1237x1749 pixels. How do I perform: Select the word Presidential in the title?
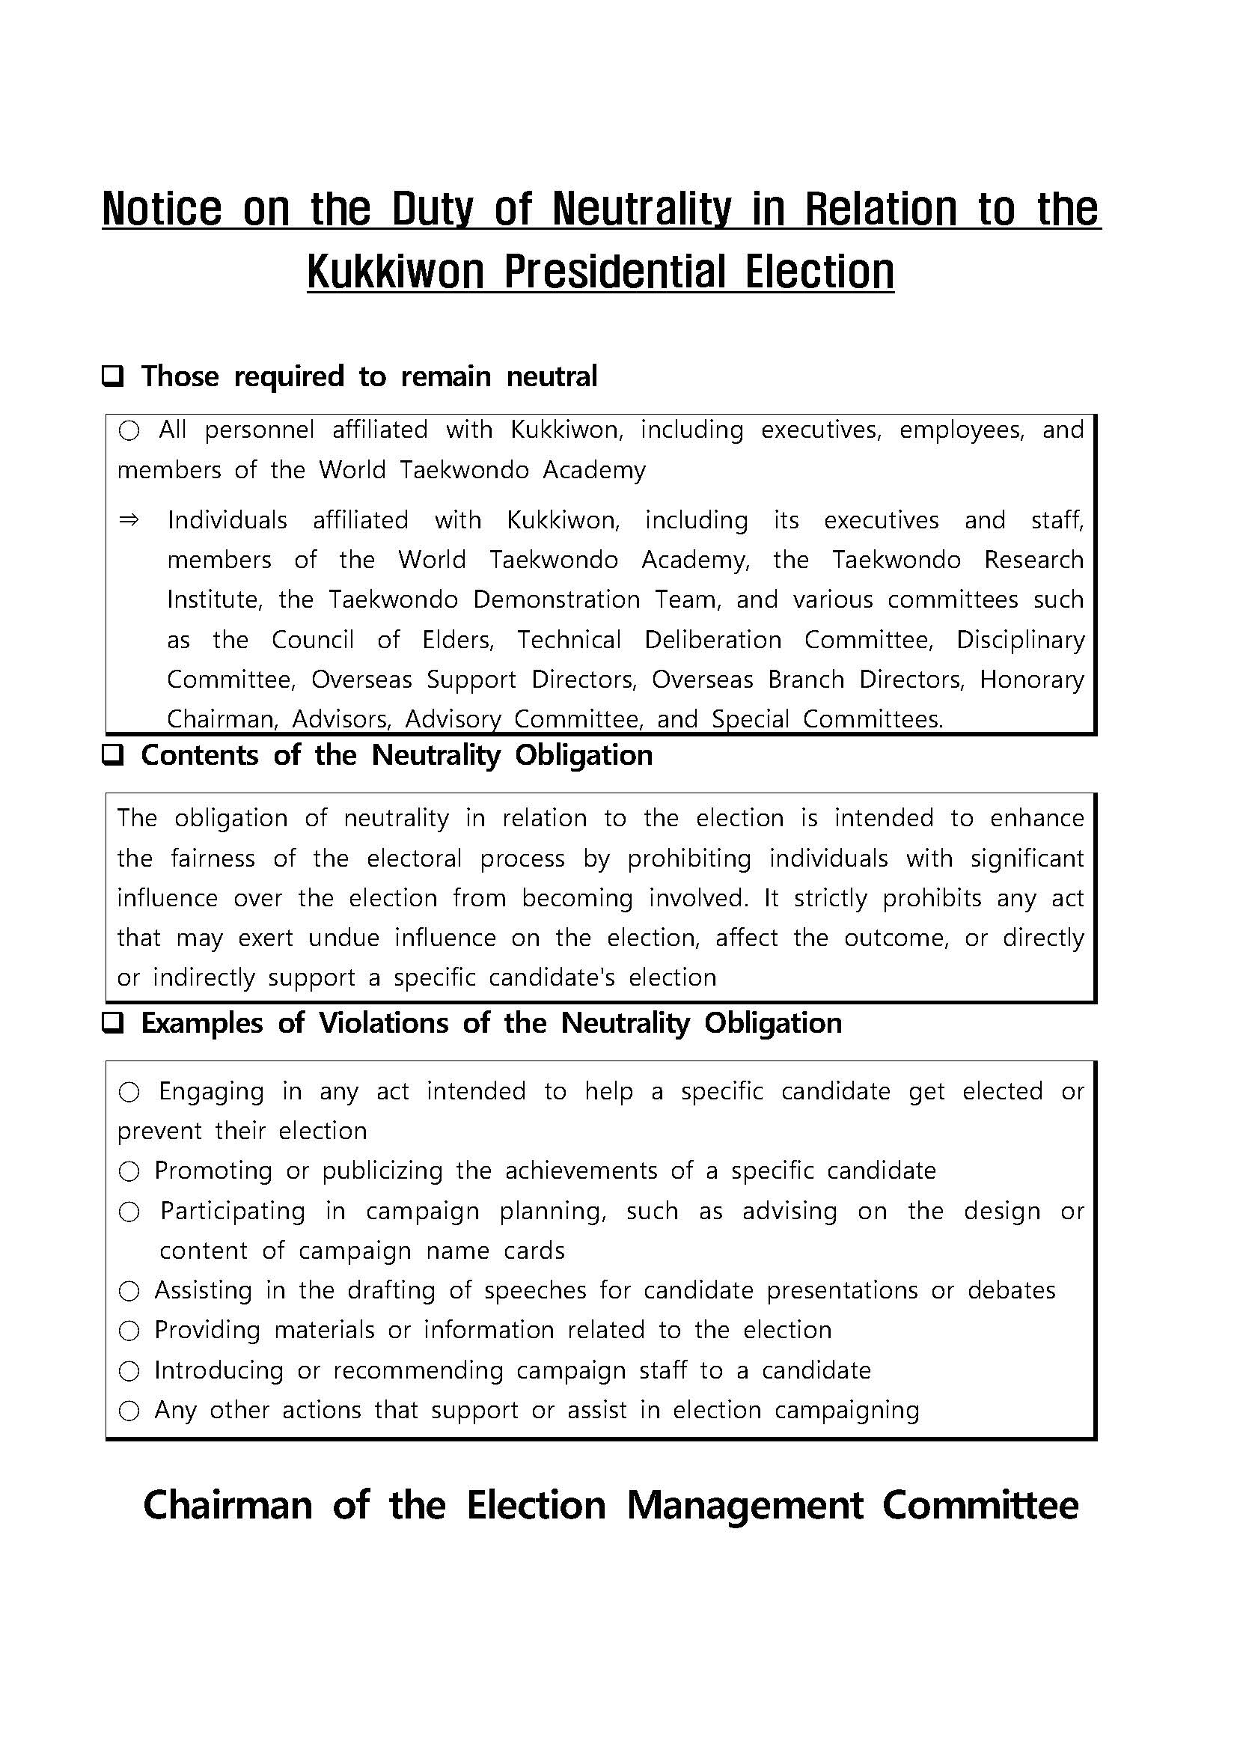point(614,272)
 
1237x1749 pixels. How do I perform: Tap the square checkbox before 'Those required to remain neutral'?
point(113,376)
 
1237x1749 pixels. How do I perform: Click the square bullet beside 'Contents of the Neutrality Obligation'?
point(113,756)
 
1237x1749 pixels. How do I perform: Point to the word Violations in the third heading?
point(383,1023)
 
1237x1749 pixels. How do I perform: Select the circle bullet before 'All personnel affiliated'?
point(129,431)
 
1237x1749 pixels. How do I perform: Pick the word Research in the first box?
point(1033,560)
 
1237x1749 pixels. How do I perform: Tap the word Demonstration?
point(556,599)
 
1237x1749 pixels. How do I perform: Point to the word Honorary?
point(1031,680)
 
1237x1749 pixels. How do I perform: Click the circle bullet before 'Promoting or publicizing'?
point(129,1171)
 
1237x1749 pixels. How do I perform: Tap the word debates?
point(1011,1290)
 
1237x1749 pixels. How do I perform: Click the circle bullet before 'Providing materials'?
point(129,1331)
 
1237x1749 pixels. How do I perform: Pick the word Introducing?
point(219,1370)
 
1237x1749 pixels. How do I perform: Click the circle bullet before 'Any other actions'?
point(129,1411)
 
